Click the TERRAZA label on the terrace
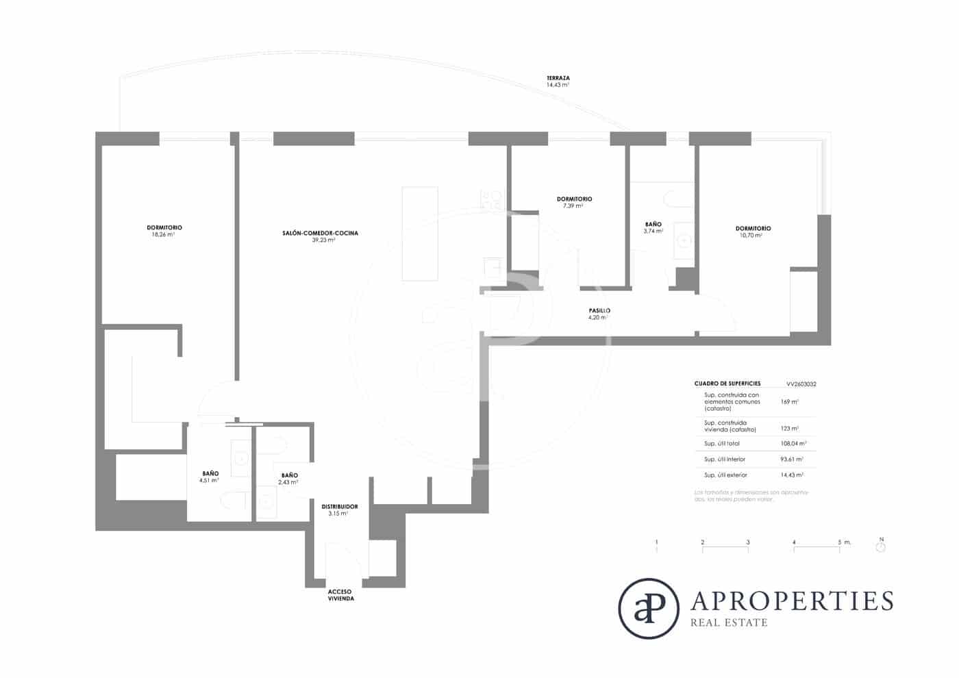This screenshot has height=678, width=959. click(x=558, y=78)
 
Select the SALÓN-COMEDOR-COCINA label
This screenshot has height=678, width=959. click(x=320, y=233)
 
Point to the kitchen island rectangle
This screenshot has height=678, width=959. click(x=419, y=234)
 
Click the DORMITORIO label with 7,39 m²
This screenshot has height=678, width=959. click(x=574, y=199)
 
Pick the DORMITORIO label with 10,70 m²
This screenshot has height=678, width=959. click(x=753, y=228)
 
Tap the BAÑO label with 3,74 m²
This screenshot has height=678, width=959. click(x=653, y=224)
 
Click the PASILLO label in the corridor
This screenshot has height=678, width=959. click(x=599, y=310)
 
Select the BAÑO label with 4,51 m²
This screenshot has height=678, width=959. click(x=210, y=473)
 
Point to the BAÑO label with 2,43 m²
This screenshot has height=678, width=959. click(x=289, y=475)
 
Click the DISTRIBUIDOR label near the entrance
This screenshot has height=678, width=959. click(x=339, y=507)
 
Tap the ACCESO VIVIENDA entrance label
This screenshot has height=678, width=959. click(x=340, y=595)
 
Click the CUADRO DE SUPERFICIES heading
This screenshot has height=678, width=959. click(x=727, y=384)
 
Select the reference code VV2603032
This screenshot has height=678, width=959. click(x=801, y=384)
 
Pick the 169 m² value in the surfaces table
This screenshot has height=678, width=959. click(x=789, y=402)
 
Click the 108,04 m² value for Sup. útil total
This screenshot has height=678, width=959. click(x=792, y=444)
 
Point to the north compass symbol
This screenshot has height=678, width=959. click(x=881, y=547)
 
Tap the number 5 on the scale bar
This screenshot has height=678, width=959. click(x=839, y=542)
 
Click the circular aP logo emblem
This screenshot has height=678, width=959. click(x=648, y=609)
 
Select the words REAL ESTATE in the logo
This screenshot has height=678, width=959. click(x=729, y=623)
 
